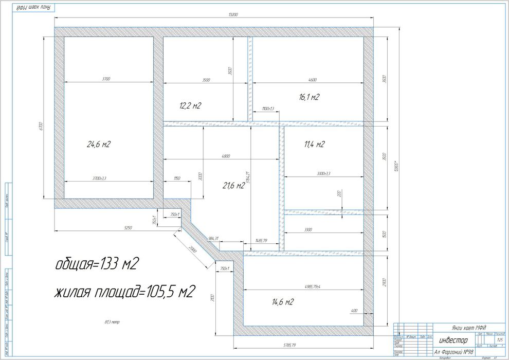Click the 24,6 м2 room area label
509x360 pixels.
coord(99,145)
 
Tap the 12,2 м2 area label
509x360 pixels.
coord(190,106)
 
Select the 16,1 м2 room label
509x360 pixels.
coord(310,97)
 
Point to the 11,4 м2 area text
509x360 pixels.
coord(314,145)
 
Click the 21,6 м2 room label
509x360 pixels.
coord(233,185)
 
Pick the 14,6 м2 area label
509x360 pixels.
coord(282,302)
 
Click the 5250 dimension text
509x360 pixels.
coord(114,227)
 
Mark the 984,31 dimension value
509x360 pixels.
coord(213,238)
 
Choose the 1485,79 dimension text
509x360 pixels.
coord(261,240)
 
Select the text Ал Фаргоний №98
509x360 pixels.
coord(454,352)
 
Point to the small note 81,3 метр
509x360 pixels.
coord(112,322)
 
